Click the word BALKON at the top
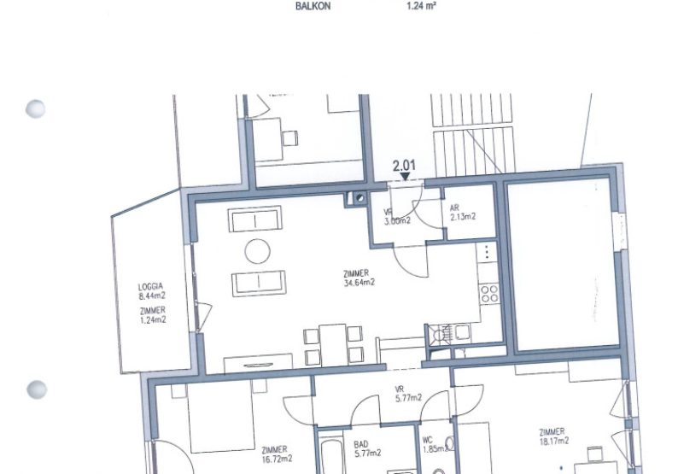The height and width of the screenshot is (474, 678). pyautogui.click(x=313, y=6)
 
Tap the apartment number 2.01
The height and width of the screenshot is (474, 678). pyautogui.click(x=404, y=164)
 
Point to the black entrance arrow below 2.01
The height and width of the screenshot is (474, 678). pyautogui.click(x=405, y=177)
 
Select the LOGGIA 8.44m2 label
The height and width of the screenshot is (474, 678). pyautogui.click(x=151, y=291)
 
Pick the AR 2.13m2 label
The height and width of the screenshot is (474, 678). pyautogui.click(x=462, y=213)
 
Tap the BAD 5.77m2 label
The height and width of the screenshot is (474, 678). pyautogui.click(x=368, y=448)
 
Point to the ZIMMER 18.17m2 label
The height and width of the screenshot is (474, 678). pyautogui.click(x=555, y=436)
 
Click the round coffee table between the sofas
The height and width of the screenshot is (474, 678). pyautogui.click(x=259, y=251)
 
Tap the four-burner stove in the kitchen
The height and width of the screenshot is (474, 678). pyautogui.click(x=488, y=294)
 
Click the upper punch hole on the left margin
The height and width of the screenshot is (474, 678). pyautogui.click(x=36, y=109)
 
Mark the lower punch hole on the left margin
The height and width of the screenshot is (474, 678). pyautogui.click(x=36, y=390)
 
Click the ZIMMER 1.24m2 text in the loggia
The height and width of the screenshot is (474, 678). pyautogui.click(x=151, y=315)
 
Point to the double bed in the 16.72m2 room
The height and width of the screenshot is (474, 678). pyautogui.click(x=223, y=418)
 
